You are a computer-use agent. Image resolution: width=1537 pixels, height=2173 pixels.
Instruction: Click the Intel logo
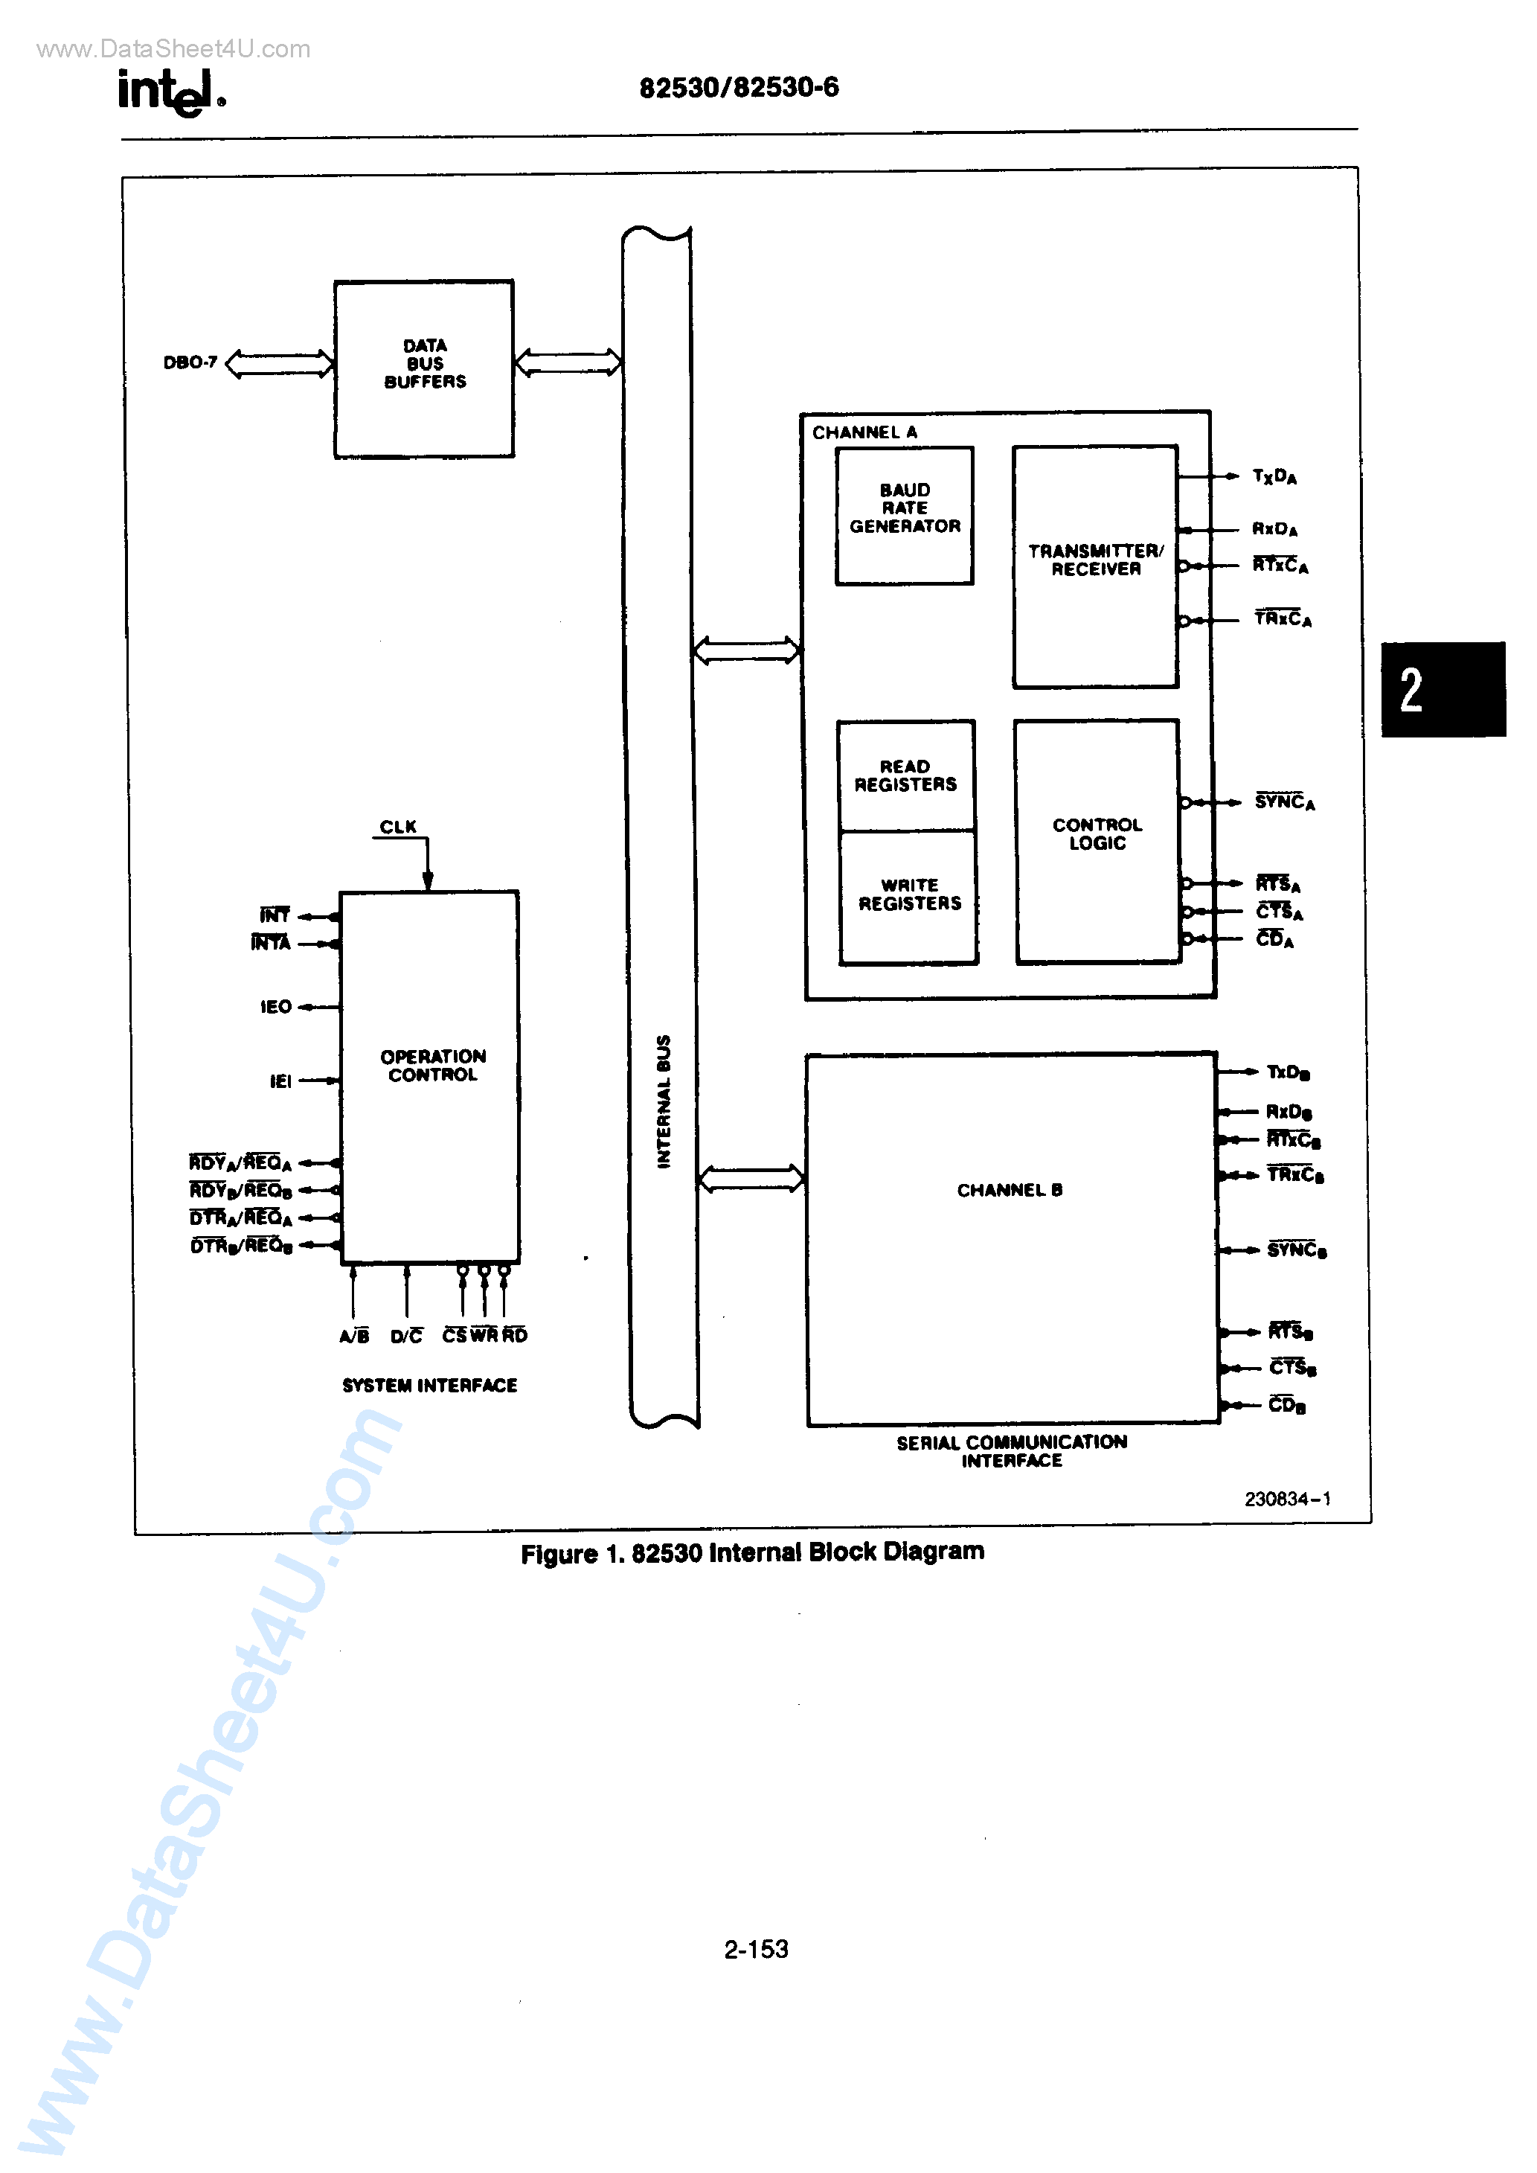click(170, 92)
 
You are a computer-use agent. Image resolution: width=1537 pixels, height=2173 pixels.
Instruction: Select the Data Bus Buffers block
click(424, 368)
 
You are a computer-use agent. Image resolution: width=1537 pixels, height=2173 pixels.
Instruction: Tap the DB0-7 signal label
click(190, 362)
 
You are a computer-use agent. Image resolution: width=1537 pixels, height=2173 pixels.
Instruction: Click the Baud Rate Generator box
click(904, 515)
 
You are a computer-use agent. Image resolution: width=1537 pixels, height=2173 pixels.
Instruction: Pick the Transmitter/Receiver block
click(1095, 566)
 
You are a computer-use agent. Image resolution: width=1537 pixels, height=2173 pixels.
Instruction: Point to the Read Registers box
click(905, 775)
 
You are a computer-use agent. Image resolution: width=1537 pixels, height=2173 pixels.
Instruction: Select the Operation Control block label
click(432, 1065)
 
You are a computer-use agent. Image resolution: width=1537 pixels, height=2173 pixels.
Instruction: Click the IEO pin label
click(275, 1007)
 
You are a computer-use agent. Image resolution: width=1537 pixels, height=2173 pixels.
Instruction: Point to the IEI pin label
click(280, 1081)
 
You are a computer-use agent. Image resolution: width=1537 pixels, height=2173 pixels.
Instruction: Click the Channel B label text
click(1010, 1190)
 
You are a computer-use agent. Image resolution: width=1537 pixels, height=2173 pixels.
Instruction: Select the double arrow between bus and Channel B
click(751, 1178)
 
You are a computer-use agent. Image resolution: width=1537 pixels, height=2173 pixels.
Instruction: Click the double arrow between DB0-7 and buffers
click(279, 363)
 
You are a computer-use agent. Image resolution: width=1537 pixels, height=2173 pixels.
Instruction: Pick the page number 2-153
click(756, 1949)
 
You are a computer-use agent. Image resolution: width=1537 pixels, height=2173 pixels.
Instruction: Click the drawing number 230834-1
click(1287, 1498)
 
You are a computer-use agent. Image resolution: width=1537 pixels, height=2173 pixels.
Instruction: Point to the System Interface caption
click(430, 1386)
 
